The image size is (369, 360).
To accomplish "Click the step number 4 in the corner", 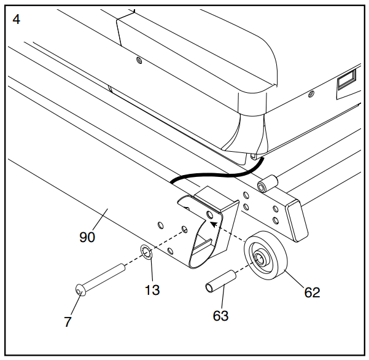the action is click(16, 20).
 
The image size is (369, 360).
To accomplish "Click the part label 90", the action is click(87, 237).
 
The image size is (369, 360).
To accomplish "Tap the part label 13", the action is click(152, 290).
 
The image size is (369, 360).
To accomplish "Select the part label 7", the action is click(68, 322).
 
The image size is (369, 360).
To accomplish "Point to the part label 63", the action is click(220, 316).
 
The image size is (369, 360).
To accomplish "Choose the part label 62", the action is click(312, 292).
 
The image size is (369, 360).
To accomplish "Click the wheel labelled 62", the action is click(266, 256).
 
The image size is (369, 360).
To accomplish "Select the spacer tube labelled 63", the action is click(220, 281).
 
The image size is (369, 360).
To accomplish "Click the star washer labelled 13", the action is click(147, 252).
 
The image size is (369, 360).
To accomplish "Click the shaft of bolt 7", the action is click(105, 276).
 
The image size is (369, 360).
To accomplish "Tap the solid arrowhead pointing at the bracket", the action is click(213, 224).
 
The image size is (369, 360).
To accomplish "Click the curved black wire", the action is click(219, 174).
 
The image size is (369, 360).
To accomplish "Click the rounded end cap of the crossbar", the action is click(297, 221).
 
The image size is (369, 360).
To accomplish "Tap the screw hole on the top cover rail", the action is click(139, 61).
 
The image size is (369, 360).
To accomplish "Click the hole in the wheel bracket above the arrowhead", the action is click(210, 215).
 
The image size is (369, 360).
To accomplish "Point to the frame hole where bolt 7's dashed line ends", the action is click(184, 229).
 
